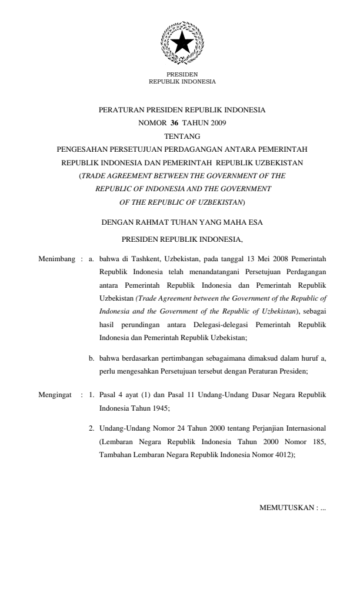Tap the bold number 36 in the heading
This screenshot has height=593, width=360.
174,123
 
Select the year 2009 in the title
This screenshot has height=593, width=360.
214,123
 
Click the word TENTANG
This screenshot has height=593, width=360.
181,136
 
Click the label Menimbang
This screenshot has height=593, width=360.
55,258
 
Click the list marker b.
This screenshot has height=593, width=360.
92,358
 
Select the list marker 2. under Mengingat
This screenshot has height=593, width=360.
91,423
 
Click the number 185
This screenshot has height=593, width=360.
316,436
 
